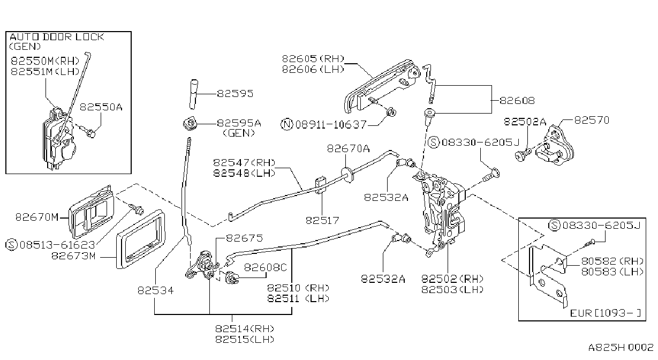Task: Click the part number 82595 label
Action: [235, 94]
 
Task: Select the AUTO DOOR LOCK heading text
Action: [57, 37]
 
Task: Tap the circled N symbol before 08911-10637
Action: [286, 124]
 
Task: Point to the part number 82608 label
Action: [517, 101]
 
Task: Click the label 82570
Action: [592, 120]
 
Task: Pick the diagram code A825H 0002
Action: [621, 348]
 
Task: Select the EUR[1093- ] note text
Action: [605, 313]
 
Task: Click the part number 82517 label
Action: [322, 220]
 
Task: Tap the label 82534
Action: [156, 291]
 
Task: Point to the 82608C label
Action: [265, 267]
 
